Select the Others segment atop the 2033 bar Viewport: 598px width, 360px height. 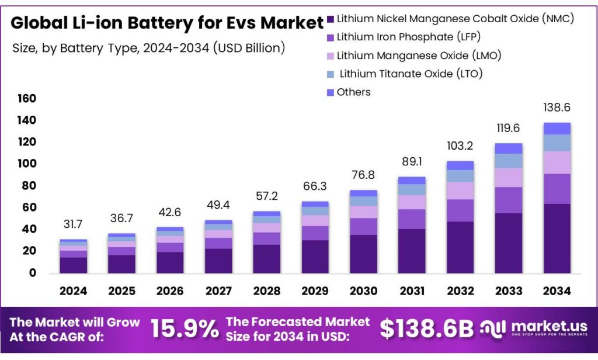(508, 148)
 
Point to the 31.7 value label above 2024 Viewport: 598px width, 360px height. (73, 224)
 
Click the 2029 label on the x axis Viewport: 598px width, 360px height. (315, 290)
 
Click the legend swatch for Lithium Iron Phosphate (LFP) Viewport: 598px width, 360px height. (331, 37)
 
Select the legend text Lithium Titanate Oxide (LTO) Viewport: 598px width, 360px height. (411, 74)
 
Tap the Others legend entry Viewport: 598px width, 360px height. (354, 92)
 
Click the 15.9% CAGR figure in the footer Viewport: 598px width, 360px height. (185, 329)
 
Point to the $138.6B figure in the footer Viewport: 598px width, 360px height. (427, 329)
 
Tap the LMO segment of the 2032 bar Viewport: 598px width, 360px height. (460, 191)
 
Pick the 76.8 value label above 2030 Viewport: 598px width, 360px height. (363, 175)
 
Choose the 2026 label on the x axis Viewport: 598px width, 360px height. (170, 290)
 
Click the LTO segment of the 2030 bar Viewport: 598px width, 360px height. (363, 201)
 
